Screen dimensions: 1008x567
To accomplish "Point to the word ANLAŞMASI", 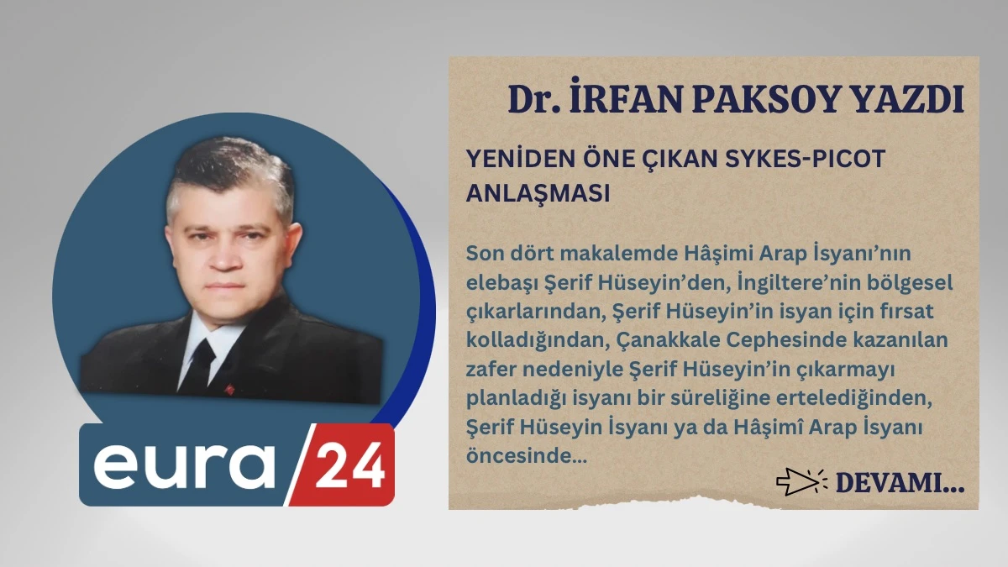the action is pyautogui.click(x=538, y=192).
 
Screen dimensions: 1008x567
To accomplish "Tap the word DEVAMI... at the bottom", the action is pyautogui.click(x=900, y=483).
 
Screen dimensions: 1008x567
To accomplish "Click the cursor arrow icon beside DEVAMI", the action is pyautogui.click(x=801, y=481).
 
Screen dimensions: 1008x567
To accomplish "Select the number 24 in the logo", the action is pyautogui.click(x=349, y=465).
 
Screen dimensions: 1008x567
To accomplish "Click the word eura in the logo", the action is pyautogui.click(x=184, y=465).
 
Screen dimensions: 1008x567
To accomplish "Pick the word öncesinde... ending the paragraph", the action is pyautogui.click(x=526, y=456).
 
